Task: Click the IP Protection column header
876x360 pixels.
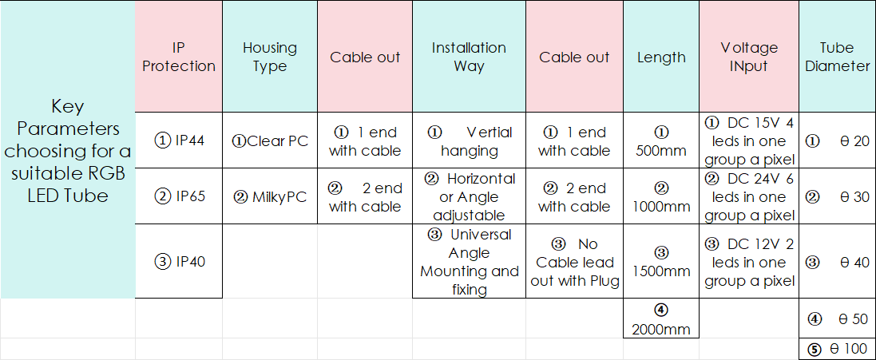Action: (x=179, y=57)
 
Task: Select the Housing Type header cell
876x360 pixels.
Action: (x=270, y=57)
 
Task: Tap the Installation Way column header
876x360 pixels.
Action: (x=469, y=57)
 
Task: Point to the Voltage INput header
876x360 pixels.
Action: (x=748, y=57)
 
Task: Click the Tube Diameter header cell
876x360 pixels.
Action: (x=838, y=57)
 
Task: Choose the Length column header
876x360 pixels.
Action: (x=661, y=57)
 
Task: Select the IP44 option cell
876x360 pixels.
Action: (x=179, y=140)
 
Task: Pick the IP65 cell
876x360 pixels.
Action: (x=179, y=196)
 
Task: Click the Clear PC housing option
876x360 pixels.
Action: (x=270, y=140)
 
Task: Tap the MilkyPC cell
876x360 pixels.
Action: (x=270, y=197)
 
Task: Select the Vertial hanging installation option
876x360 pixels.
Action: (x=469, y=141)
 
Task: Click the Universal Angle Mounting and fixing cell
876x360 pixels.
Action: (x=469, y=262)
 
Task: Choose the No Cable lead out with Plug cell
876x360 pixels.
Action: (x=574, y=262)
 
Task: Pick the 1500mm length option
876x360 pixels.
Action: (x=661, y=262)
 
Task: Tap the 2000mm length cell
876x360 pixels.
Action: (x=661, y=318)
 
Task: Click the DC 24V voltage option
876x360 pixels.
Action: (x=748, y=197)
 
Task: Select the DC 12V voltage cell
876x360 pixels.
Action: (x=748, y=262)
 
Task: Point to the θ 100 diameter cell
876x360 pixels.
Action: (x=838, y=350)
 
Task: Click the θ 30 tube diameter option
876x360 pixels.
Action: (x=838, y=197)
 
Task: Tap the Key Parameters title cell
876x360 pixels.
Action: (x=68, y=150)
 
